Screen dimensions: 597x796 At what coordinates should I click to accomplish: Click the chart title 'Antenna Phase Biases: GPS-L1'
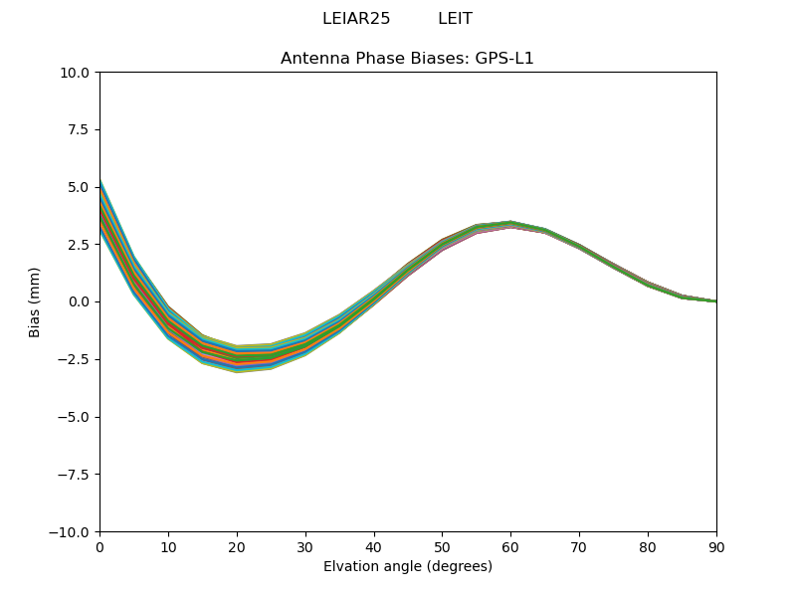pos(407,59)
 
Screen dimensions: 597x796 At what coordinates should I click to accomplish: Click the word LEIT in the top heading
pos(455,19)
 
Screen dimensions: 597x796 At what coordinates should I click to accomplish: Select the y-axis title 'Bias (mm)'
pos(35,301)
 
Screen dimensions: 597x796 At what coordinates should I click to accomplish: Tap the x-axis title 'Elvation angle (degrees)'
pos(407,567)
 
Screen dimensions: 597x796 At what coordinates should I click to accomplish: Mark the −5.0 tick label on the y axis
pos(76,417)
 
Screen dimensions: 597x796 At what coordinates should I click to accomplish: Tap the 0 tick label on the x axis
pos(99,546)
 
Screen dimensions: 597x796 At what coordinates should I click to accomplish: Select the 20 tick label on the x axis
pos(237,546)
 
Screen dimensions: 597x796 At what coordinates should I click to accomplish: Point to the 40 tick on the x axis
pos(374,546)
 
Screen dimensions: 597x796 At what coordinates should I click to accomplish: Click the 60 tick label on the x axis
pos(510,546)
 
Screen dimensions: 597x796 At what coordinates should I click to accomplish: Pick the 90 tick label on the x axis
pos(716,546)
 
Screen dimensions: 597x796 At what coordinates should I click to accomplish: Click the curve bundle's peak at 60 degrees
pos(510,225)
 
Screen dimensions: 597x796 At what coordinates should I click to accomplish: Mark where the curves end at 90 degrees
pos(715,301)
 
